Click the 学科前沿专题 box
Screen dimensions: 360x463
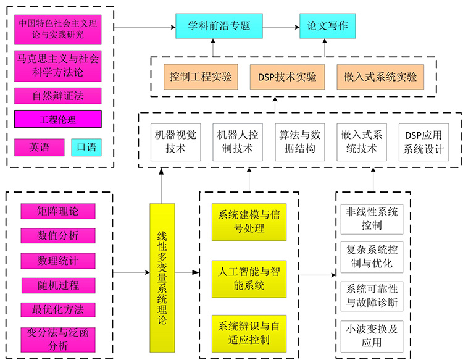(219, 27)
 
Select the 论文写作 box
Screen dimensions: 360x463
(328, 27)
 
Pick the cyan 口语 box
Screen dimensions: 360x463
(86, 147)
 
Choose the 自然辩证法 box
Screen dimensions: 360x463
(57, 96)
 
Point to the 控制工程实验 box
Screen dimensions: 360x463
(201, 77)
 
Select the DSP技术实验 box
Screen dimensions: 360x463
(287, 77)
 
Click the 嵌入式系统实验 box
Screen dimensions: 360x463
(380, 77)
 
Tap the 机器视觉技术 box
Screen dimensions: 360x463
(176, 141)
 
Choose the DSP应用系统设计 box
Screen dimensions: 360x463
(423, 141)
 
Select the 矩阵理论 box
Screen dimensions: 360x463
(57, 211)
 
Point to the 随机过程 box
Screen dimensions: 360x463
(57, 285)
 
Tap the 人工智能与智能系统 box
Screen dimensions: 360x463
(249, 278)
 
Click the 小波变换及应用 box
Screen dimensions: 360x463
(372, 336)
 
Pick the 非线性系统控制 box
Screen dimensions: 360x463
(372, 219)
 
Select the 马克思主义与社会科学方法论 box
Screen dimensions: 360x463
(57, 66)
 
